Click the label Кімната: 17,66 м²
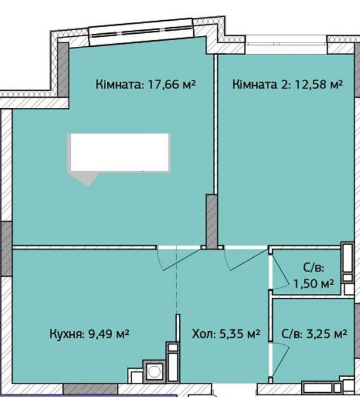[x=145, y=85]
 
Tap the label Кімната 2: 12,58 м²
[x=288, y=85]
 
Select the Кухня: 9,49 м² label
[x=89, y=334]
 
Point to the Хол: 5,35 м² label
[x=227, y=334]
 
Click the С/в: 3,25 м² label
[x=314, y=334]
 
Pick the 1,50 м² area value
[x=314, y=284]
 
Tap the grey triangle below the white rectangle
[x=88, y=180]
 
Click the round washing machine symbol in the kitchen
[x=155, y=371]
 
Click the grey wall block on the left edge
[x=6, y=248]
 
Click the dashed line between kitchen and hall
[x=176, y=284]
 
